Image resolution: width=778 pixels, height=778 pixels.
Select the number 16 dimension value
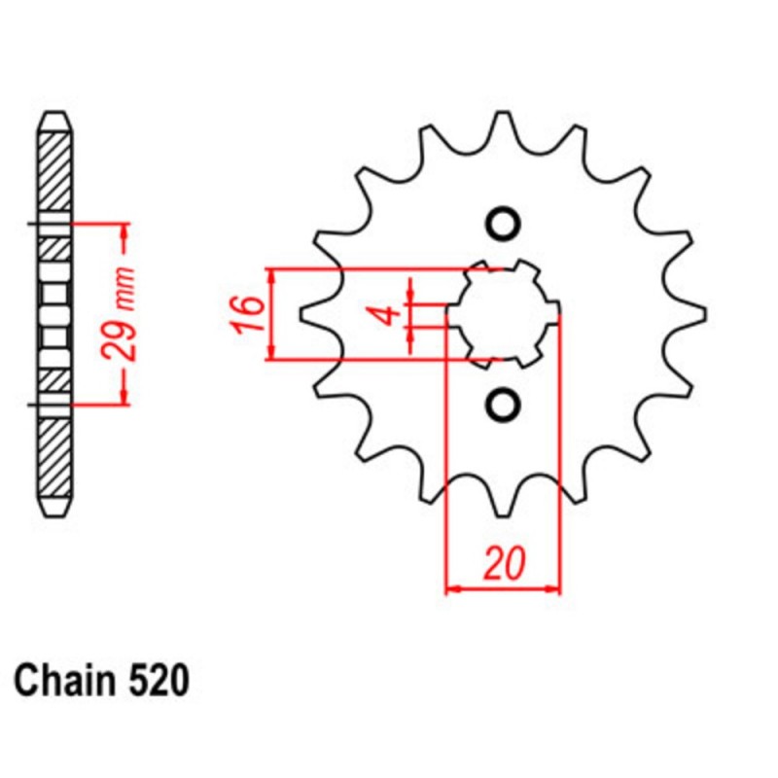click(249, 314)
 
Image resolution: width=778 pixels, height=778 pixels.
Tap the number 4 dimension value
click(386, 314)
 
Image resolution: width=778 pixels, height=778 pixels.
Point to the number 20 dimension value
click(504, 564)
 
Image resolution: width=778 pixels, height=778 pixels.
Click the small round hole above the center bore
click(503, 225)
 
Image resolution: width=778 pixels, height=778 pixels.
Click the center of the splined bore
click(503, 313)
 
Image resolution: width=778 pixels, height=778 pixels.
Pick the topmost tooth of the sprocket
click(503, 122)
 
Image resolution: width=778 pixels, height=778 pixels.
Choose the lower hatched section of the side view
click(54, 457)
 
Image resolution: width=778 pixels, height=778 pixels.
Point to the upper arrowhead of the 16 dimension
click(273, 275)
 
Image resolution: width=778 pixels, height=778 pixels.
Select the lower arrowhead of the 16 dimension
click(273, 354)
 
